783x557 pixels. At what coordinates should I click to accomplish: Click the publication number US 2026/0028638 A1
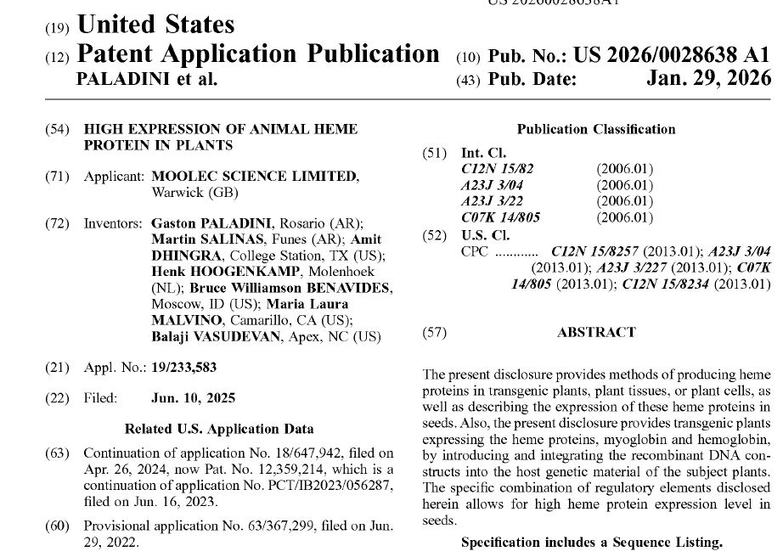coord(672,55)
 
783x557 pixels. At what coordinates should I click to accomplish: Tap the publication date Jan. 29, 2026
coord(708,80)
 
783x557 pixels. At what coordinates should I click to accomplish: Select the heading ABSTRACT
coord(596,333)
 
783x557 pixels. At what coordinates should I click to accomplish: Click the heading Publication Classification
coord(596,130)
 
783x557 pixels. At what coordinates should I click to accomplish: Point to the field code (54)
coord(56,129)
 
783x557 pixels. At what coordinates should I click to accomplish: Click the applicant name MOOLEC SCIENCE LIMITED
coord(254,177)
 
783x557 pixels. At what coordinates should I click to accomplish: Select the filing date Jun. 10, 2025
coord(193,398)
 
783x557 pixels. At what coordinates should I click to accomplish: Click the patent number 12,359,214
coord(307,470)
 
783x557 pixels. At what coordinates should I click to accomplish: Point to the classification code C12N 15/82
coord(497,169)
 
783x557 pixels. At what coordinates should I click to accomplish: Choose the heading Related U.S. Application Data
coord(219,429)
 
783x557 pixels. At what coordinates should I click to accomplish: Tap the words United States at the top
coord(155,25)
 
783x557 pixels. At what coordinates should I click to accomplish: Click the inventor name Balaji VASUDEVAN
coord(212,337)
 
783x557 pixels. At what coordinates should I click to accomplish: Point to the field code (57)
coord(434,333)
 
